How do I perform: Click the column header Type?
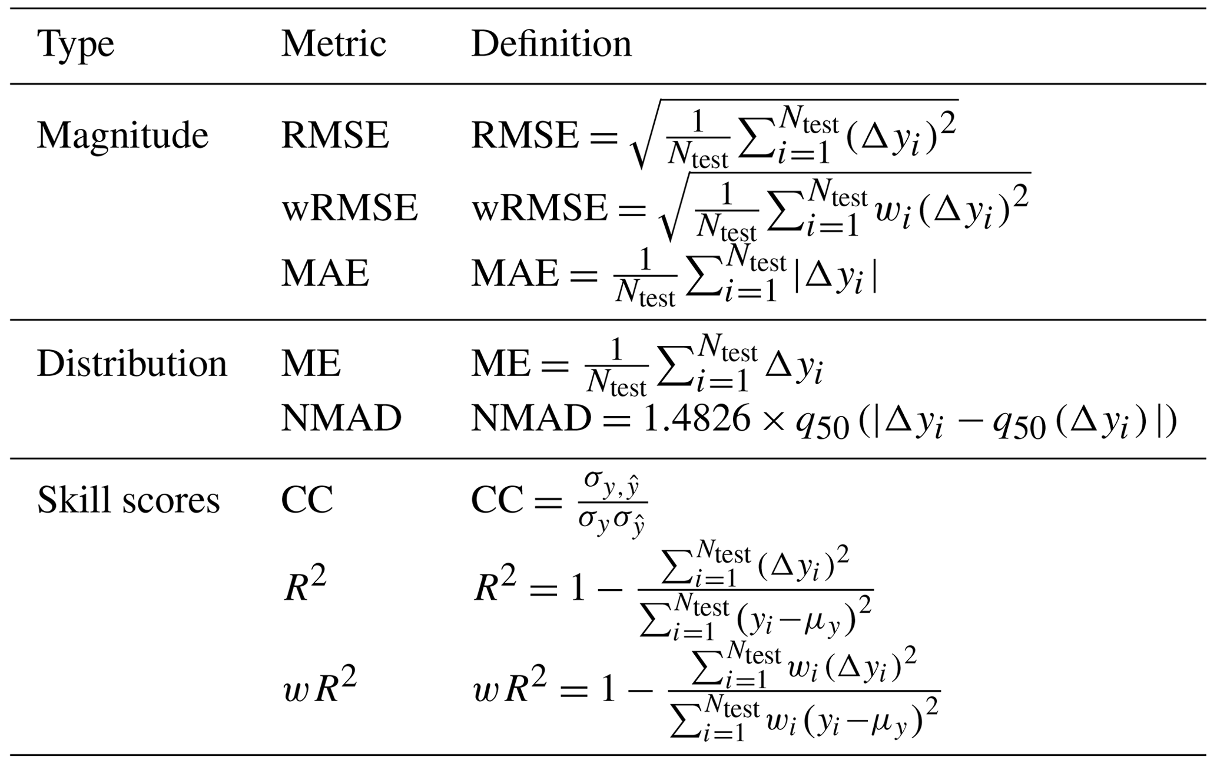click(75, 45)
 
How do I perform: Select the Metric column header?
click(333, 44)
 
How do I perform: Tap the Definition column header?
click(551, 44)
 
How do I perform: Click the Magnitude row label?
click(122, 136)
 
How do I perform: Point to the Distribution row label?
click(132, 364)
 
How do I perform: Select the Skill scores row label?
click(128, 500)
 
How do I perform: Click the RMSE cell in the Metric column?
click(335, 136)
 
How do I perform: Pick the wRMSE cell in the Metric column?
click(350, 208)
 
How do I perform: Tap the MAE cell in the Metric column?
click(325, 273)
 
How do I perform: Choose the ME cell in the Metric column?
click(311, 364)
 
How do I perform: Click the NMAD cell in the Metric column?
click(341, 418)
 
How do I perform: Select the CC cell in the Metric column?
click(307, 500)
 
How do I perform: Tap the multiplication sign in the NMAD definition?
click(774, 420)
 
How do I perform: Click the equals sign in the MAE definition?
click(583, 275)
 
